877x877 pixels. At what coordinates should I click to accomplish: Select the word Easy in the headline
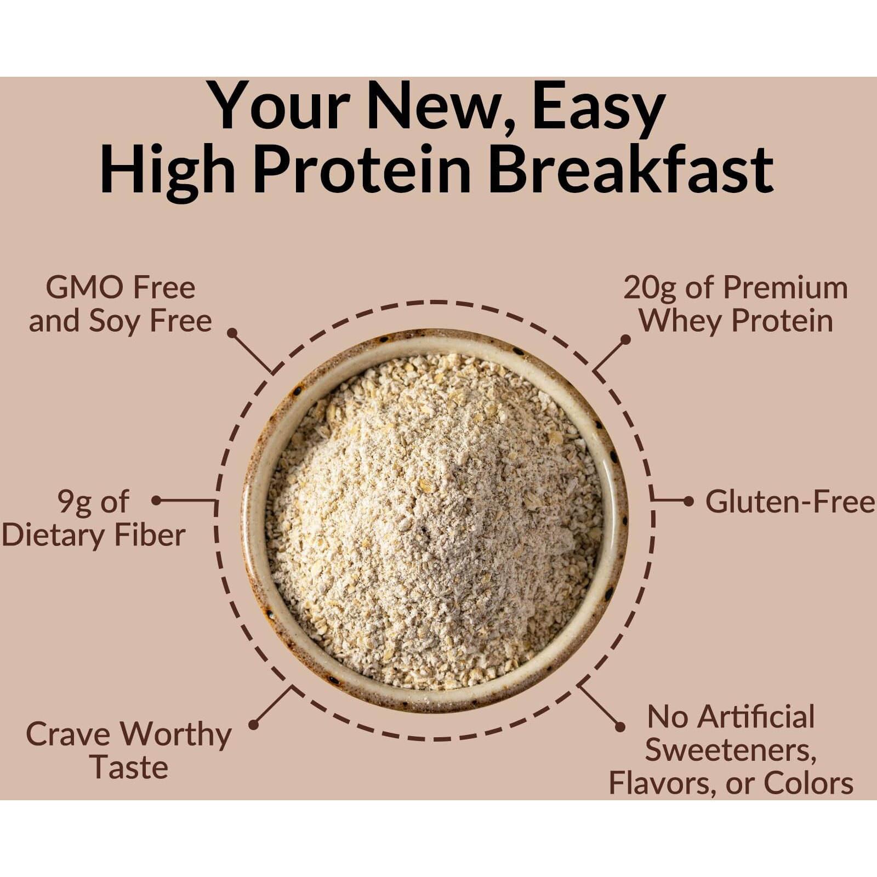coord(599,107)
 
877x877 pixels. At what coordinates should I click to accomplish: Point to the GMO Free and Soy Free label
coord(120,304)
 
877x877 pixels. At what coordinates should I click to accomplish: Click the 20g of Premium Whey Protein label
coord(736,304)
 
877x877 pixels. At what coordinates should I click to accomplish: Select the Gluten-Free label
coord(790,502)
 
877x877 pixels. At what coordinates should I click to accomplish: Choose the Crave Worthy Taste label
coord(129,750)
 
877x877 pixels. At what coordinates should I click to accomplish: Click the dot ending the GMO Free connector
coord(232,333)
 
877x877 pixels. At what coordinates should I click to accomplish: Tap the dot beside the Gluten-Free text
coord(689,501)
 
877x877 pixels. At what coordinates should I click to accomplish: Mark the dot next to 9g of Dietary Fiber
coord(157,500)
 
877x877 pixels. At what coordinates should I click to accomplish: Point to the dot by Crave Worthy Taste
coord(253,725)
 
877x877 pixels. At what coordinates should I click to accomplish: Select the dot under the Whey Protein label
coord(625,340)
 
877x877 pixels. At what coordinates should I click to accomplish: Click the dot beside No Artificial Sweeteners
coord(620,727)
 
